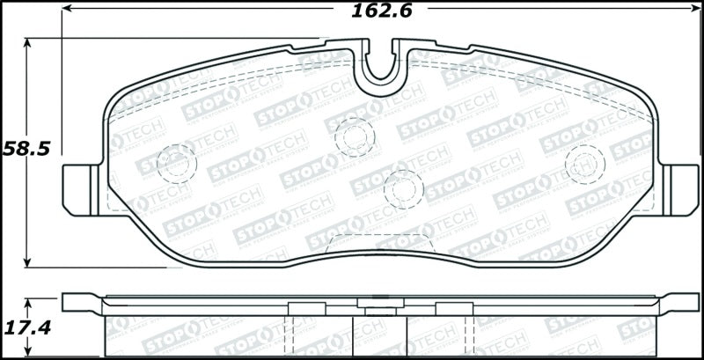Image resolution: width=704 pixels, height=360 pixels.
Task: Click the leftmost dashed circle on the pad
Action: pyautogui.click(x=176, y=161)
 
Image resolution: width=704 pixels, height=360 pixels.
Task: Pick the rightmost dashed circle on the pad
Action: pyautogui.click(x=584, y=161)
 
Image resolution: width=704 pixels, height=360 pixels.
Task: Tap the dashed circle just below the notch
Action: pyautogui.click(x=355, y=136)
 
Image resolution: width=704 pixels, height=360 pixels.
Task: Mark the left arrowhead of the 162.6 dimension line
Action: pyautogui.click(x=67, y=11)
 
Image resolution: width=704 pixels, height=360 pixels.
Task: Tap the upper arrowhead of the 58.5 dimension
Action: pyautogui.click(x=28, y=42)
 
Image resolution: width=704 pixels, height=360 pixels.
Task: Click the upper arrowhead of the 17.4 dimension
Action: pyautogui.click(x=28, y=302)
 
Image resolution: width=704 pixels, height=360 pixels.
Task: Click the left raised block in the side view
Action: pyautogui.click(x=301, y=305)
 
